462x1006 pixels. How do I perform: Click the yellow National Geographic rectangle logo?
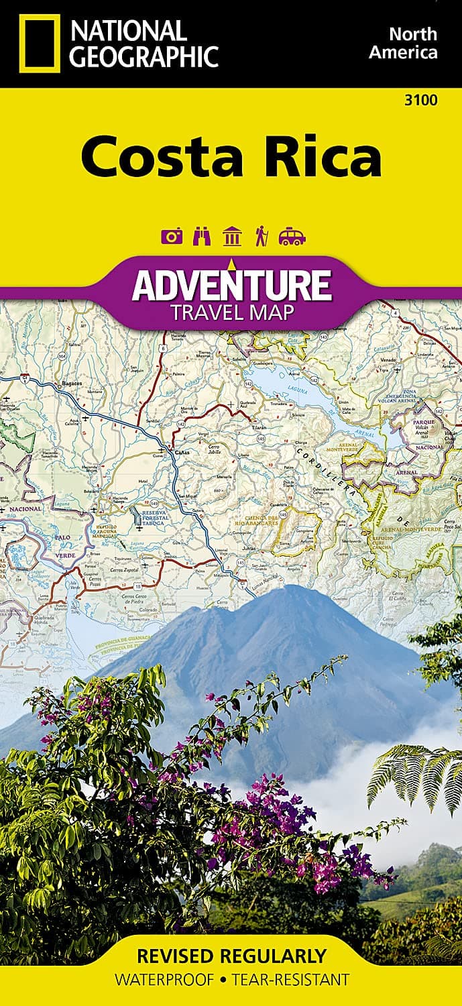pyautogui.click(x=39, y=43)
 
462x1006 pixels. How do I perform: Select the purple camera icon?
pyautogui.click(x=172, y=237)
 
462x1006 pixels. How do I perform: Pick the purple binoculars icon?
pyautogui.click(x=201, y=237)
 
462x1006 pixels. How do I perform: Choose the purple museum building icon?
pyautogui.click(x=232, y=237)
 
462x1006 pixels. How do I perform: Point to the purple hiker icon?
pyautogui.click(x=262, y=237)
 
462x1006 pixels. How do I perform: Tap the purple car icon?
pyautogui.click(x=292, y=237)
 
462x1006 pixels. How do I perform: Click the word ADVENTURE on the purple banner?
pyautogui.click(x=231, y=285)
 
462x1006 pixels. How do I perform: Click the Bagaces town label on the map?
pyautogui.click(x=72, y=383)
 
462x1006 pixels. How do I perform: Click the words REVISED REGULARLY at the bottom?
pyautogui.click(x=231, y=955)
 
